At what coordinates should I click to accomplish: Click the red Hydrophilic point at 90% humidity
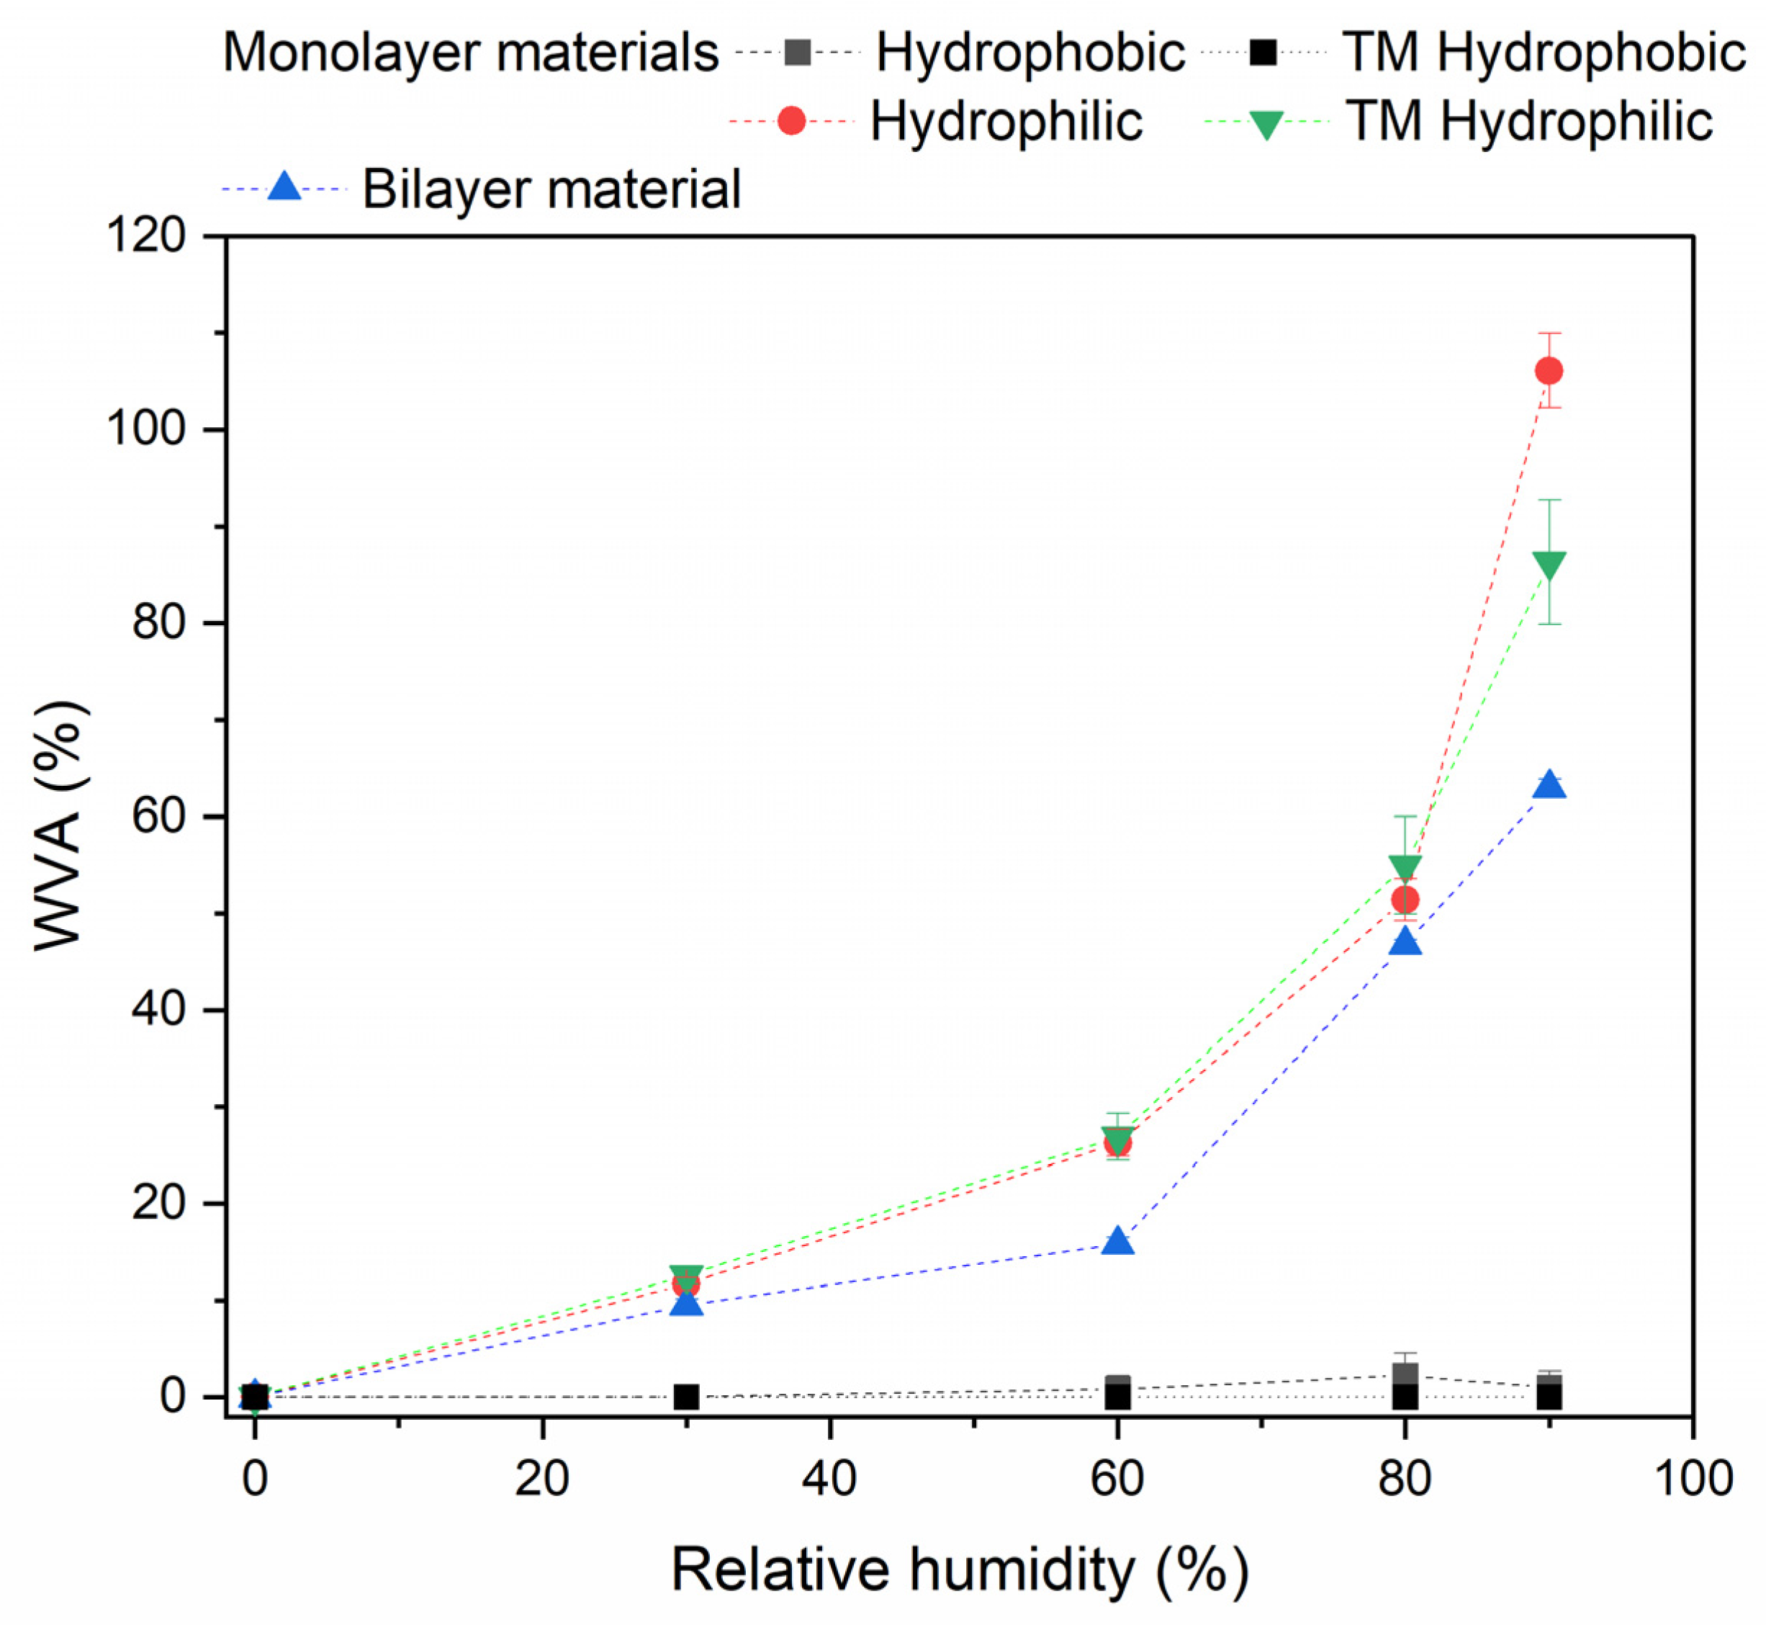coord(1548,371)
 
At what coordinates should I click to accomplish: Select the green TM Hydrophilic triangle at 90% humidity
coord(1548,565)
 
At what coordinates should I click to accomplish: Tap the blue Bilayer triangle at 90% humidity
coord(1548,785)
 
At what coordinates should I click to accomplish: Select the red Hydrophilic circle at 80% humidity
coord(1405,900)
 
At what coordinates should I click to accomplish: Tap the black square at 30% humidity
coord(687,1397)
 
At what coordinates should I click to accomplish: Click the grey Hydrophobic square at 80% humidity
coord(1405,1374)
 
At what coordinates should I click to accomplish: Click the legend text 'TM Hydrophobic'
coord(1543,53)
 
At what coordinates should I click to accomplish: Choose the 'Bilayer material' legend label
coord(552,189)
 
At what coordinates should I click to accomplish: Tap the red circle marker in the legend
coord(791,120)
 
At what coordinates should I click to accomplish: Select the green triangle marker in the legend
coord(1266,123)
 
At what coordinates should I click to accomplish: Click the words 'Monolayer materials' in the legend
coord(471,53)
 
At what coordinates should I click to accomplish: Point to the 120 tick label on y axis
coord(146,236)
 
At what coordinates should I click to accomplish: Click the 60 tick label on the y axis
coord(158,816)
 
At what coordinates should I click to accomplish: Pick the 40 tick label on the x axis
coord(829,1479)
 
